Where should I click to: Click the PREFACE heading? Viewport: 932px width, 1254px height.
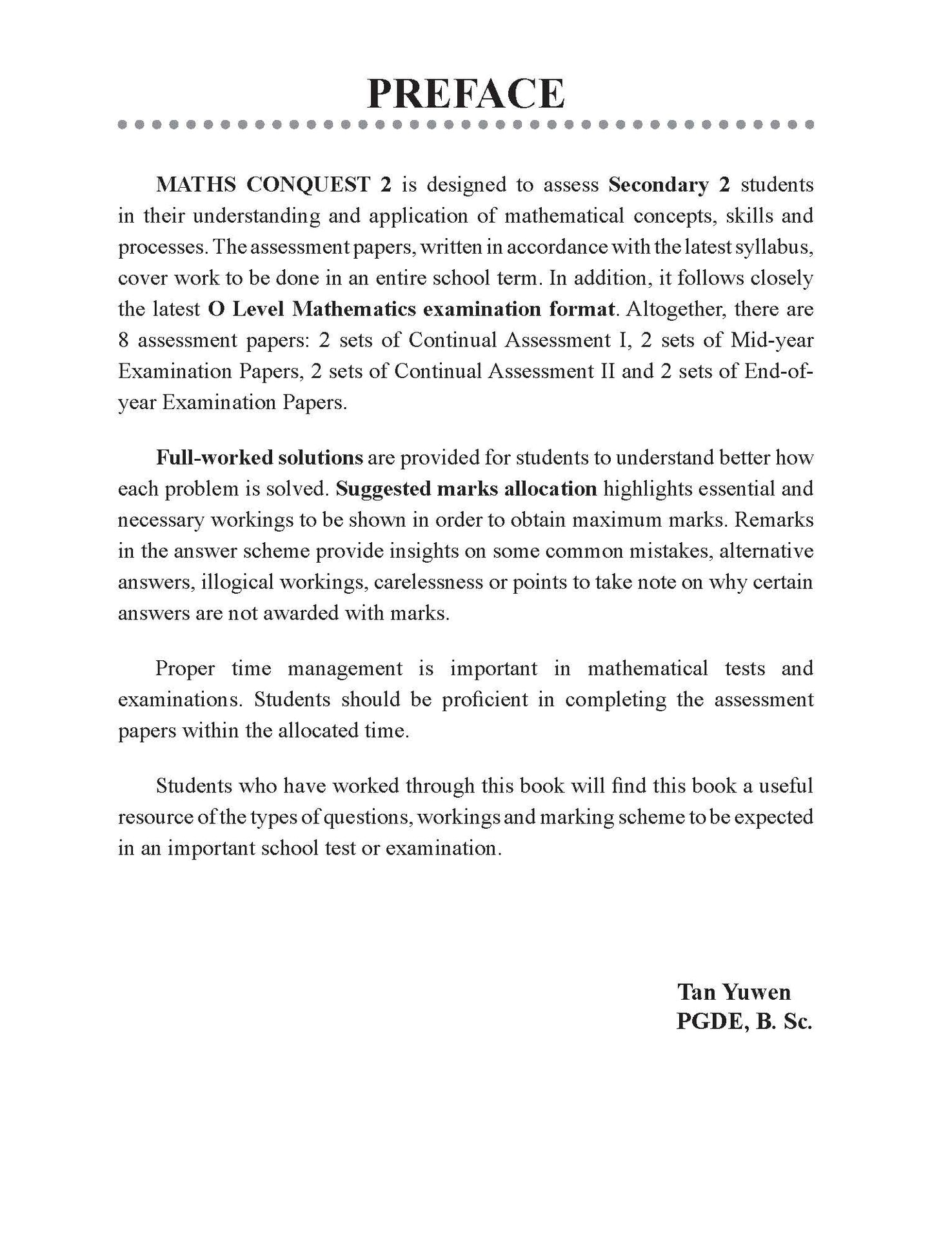click(466, 94)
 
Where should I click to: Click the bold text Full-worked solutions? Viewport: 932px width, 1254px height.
click(259, 458)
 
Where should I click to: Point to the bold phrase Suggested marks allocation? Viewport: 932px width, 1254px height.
click(466, 489)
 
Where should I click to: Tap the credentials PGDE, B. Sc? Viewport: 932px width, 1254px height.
click(744, 1022)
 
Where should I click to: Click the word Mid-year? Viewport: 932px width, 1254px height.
click(772, 340)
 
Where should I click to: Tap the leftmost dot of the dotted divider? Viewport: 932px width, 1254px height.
click(123, 125)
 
